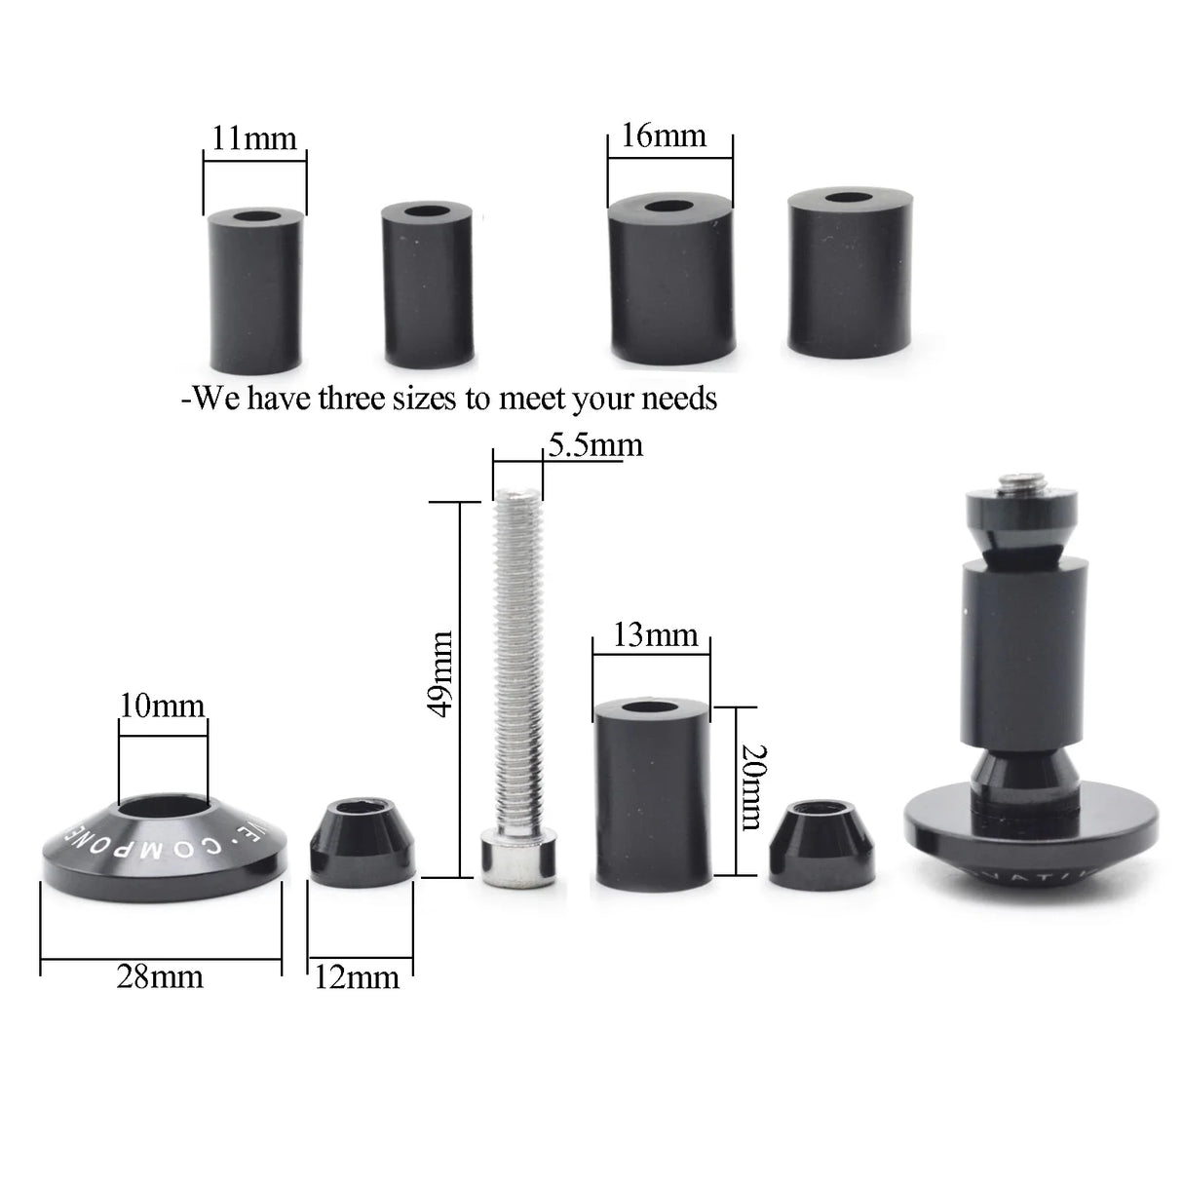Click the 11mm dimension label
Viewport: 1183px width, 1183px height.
pyautogui.click(x=254, y=138)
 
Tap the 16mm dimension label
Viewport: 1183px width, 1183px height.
pyautogui.click(x=664, y=134)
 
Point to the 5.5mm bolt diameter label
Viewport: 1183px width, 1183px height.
pyautogui.click(x=595, y=445)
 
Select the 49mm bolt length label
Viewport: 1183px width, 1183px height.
pyautogui.click(x=441, y=673)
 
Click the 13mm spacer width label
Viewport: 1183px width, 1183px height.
pyautogui.click(x=655, y=635)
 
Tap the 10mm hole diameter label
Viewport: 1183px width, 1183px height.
pyautogui.click(x=162, y=705)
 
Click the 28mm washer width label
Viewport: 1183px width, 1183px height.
pyautogui.click(x=160, y=975)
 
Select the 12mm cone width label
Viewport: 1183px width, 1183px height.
pyautogui.click(x=357, y=977)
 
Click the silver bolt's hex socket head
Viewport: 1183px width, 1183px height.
pyautogui.click(x=521, y=860)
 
